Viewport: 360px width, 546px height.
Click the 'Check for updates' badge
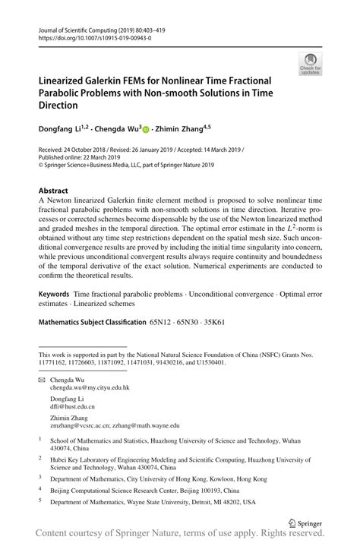pos(309,63)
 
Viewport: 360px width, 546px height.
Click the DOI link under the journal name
pos(89,36)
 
